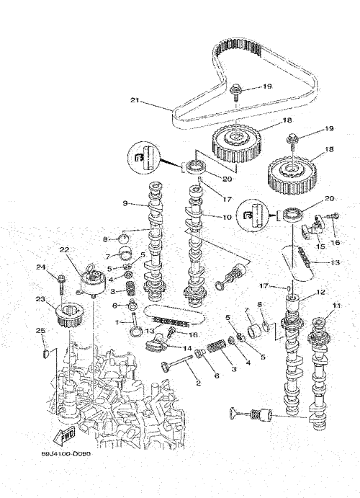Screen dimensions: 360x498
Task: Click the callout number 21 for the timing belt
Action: [x=135, y=100]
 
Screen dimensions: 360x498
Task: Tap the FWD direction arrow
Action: [x=64, y=436]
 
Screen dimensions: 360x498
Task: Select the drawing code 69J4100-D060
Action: [x=66, y=454]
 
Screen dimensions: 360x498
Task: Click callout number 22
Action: [x=64, y=250]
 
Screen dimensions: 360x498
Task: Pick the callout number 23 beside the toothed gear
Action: [x=40, y=299]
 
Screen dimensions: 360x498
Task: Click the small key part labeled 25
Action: [x=45, y=353]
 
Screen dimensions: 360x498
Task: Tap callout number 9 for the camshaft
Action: [x=125, y=203]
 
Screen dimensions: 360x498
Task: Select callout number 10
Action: [x=227, y=218]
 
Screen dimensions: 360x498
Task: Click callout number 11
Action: [x=336, y=306]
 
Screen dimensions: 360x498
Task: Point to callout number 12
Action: [x=320, y=292]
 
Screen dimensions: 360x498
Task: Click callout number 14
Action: [x=187, y=348]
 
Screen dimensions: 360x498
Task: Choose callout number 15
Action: [x=320, y=246]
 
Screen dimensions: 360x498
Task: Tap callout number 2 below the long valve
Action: [x=199, y=383]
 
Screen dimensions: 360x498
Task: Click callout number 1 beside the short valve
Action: [x=117, y=322]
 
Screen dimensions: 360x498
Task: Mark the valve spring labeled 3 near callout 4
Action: [x=130, y=289]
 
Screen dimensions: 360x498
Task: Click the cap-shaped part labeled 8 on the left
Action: [x=124, y=239]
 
